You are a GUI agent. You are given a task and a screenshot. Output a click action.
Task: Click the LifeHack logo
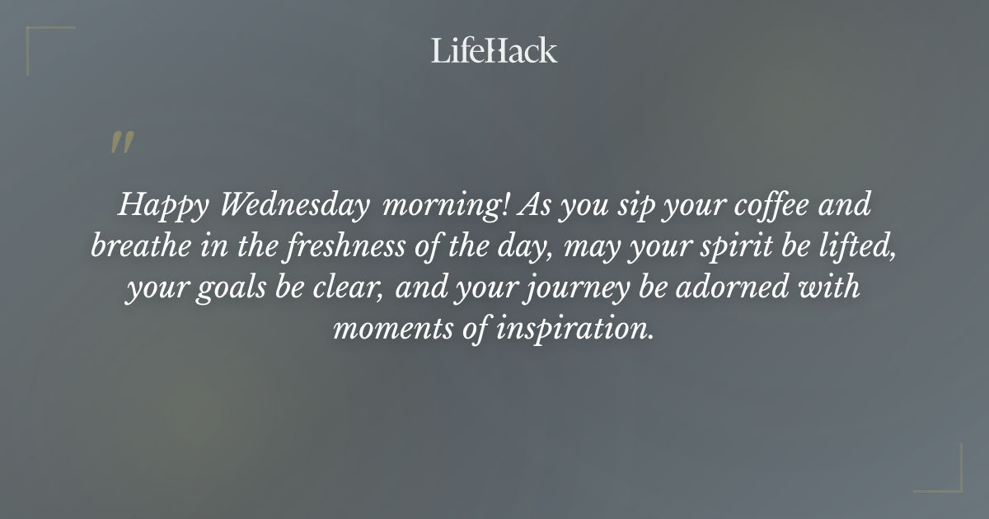(494, 50)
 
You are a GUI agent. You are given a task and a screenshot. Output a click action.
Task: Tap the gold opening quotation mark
(121, 143)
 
